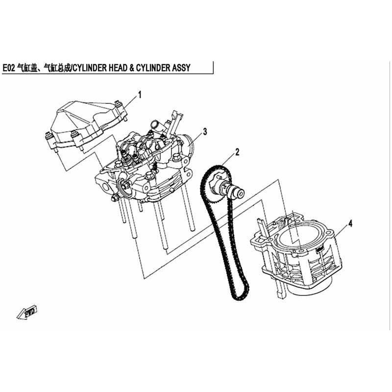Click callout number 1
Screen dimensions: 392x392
click(140, 95)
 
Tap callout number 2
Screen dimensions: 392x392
click(237, 152)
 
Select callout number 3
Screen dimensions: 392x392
click(205, 131)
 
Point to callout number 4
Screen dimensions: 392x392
click(350, 223)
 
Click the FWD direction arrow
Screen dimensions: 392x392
click(27, 312)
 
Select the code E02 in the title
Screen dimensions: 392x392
click(9, 68)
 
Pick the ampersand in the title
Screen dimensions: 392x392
click(132, 68)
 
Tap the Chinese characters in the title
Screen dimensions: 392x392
click(44, 68)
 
